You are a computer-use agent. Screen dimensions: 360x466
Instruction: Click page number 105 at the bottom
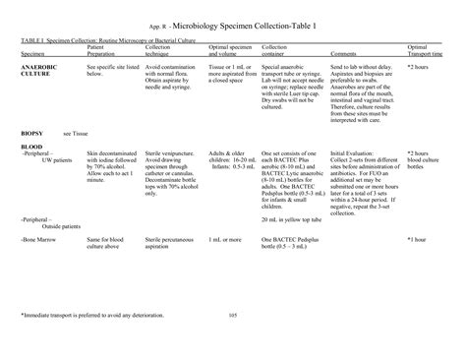tap(233, 315)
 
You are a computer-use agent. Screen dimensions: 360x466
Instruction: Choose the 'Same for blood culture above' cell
tap(106, 242)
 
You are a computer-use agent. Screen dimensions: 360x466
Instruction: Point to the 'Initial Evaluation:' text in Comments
tap(352, 153)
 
